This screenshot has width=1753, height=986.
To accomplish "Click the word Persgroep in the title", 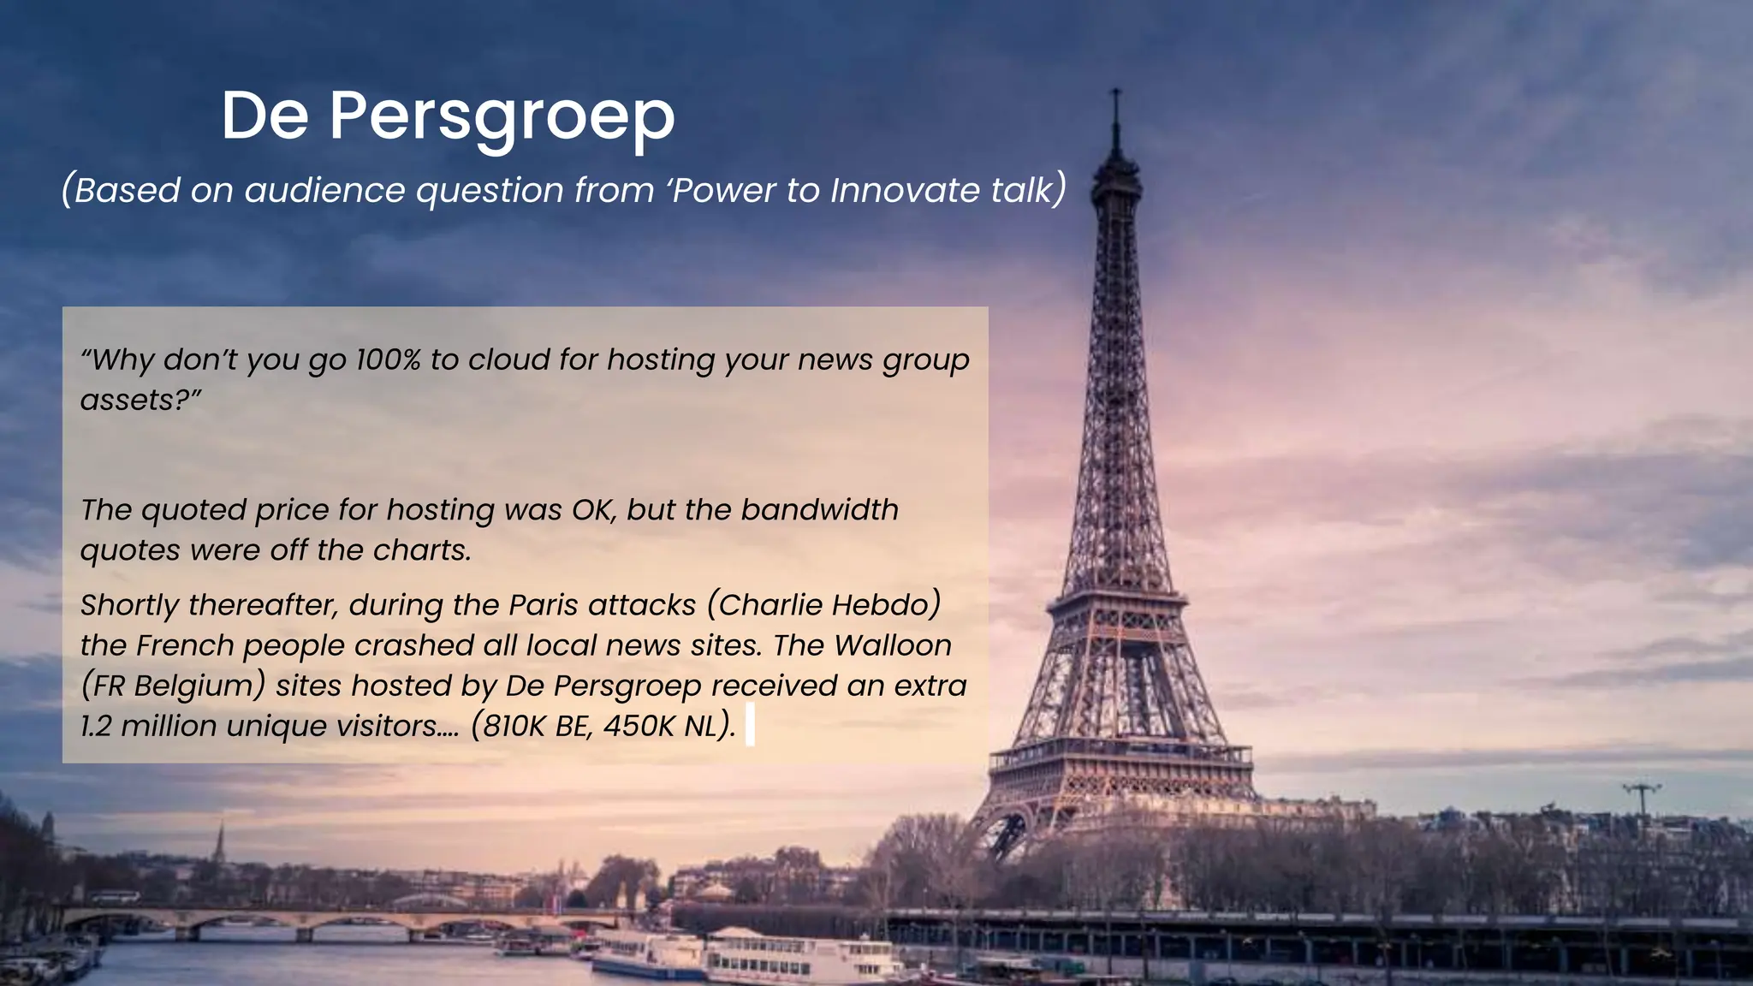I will [502, 117].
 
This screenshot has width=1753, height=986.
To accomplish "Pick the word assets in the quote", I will [129, 400].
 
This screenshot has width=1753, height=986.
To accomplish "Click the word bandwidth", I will [819, 510].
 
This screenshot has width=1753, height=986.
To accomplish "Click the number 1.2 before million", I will [96, 726].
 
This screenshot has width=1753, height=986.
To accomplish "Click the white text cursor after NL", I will [750, 725].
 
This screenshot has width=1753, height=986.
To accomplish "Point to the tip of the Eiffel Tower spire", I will [1115, 91].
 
